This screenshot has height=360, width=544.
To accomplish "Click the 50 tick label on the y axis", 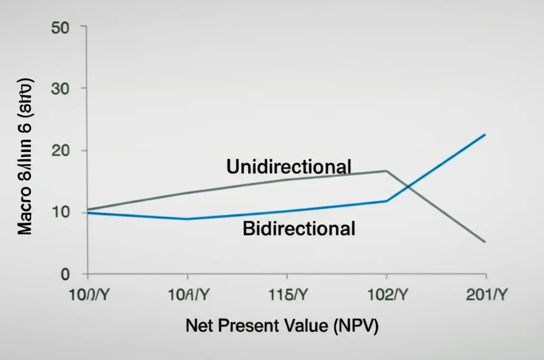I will coord(60,28).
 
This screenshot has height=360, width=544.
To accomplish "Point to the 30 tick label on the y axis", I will coord(60,88).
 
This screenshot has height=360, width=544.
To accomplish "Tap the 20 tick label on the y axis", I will coord(60,150).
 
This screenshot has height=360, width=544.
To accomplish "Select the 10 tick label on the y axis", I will coord(60,212).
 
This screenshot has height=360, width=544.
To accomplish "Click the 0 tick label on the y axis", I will coord(65,275).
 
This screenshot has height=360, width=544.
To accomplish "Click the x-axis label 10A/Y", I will coord(186,296).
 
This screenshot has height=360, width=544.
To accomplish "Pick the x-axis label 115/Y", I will coord(286,296).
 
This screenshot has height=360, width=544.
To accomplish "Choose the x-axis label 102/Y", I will coord(386,296).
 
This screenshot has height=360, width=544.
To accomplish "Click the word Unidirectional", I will coord(288,167).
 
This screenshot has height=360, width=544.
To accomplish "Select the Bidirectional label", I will coord(299,229).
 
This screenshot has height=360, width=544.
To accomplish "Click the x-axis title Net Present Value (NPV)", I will coord(282,326).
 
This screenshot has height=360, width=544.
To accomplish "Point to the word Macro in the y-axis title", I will coord(24,212).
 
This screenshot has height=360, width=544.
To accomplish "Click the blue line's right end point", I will coord(485,134).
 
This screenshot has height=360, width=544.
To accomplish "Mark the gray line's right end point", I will coord(485,242).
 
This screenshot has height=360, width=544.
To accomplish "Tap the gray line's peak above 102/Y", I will coord(386,170).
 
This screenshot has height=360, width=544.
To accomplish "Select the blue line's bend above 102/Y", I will coord(386,201).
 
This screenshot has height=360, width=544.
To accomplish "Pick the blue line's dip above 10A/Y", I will coord(186,219).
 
